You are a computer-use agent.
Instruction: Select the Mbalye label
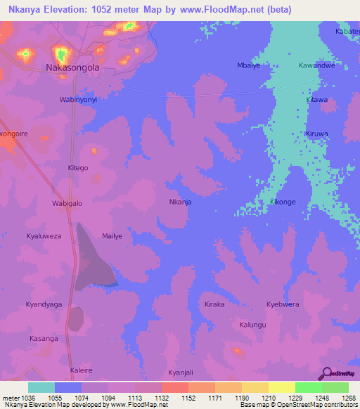pos(249,66)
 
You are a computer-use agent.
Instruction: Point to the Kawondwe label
pos(316,66)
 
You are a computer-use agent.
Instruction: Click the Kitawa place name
pos(317,100)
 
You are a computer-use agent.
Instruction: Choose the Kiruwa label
pos(317,134)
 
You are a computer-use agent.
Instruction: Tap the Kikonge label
pos(283,202)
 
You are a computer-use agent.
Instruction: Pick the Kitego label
pos(77,168)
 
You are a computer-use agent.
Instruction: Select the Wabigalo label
pos(67,203)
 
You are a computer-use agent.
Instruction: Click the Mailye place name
pos(112,236)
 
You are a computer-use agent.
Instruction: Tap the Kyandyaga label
pos(44,304)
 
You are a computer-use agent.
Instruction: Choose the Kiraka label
pos(214,304)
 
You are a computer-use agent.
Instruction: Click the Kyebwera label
pos(283,304)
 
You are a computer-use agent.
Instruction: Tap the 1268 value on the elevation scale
pos(349,398)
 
